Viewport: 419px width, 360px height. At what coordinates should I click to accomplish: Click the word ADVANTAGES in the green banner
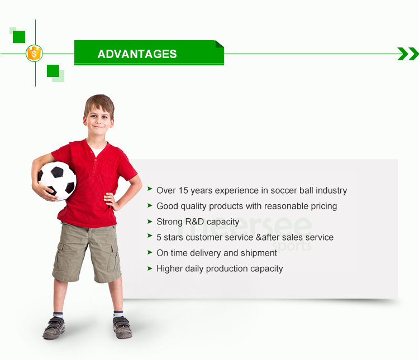pos(137,54)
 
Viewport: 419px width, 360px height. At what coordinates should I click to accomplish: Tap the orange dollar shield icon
pos(34,54)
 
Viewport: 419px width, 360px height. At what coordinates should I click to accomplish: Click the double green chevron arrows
pos(408,54)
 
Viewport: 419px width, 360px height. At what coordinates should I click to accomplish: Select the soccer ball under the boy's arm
pos(57,181)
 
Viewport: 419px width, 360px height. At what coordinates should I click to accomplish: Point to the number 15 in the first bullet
pos(183,190)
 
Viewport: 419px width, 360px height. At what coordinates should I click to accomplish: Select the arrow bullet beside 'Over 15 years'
pos(150,189)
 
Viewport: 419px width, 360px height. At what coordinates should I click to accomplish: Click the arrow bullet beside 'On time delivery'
pos(150,252)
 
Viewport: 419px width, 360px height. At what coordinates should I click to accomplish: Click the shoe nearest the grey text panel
pos(122,327)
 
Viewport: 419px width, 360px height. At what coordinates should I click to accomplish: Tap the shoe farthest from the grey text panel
pos(54,328)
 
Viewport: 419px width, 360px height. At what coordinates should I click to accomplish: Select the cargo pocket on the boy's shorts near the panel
pos(113,258)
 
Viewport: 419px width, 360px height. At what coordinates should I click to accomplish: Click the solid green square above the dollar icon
pos(19,37)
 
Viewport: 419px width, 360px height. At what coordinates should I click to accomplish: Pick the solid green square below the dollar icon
pos(53,71)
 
